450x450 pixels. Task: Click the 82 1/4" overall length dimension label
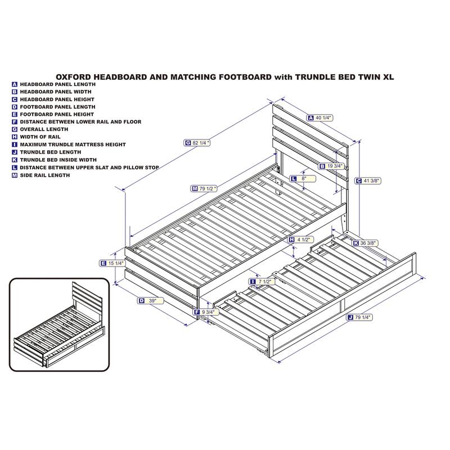(x=197, y=143)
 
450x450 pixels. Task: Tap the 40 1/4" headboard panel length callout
(x=320, y=118)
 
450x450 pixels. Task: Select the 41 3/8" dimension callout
(x=368, y=181)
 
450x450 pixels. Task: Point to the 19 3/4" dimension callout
(x=331, y=166)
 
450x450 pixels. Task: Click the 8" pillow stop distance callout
(x=303, y=178)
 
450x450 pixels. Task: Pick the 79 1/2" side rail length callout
(x=204, y=188)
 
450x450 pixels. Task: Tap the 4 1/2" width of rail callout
(x=301, y=240)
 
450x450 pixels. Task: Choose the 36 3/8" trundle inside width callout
(x=365, y=243)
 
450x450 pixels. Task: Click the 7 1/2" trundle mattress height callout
(x=262, y=282)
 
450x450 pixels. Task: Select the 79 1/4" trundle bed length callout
(x=359, y=317)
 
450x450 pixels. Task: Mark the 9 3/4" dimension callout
(x=206, y=312)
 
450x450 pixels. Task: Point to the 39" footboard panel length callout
(x=150, y=300)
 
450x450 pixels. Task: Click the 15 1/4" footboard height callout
(x=112, y=263)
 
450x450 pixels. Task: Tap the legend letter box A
(x=15, y=84)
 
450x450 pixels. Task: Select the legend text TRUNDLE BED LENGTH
(x=51, y=152)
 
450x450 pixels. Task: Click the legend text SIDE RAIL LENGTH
(x=45, y=175)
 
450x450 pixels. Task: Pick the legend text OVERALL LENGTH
(x=44, y=129)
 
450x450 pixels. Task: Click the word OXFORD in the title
(x=74, y=77)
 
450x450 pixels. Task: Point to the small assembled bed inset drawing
(x=60, y=325)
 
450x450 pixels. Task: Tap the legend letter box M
(x=15, y=175)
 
